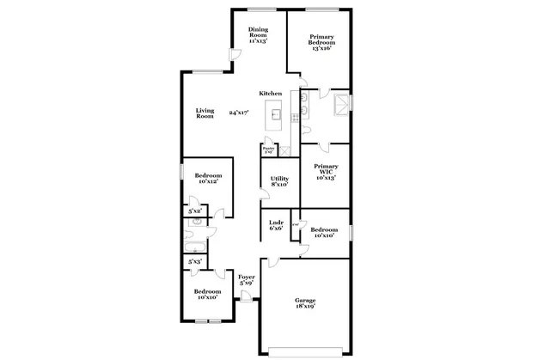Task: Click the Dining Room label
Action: coord(257,34)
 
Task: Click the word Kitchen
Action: coord(272,93)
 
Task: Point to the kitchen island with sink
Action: coord(276,113)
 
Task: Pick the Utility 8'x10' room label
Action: coord(279,181)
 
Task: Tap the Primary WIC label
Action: coord(326,172)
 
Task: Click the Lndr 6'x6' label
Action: coord(277,225)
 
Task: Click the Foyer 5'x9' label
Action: coord(246,280)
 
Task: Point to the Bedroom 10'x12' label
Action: coord(207,178)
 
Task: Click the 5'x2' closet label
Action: coord(195,211)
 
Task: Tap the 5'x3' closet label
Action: coord(195,260)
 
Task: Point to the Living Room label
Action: coord(205,113)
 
